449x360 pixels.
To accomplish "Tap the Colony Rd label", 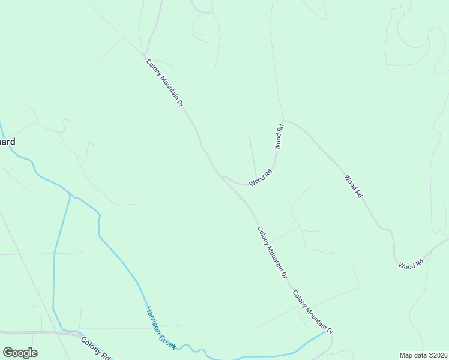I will pos(96,349).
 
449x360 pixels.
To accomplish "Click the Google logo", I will pos(20,353).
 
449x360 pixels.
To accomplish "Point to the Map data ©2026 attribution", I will pos(423,355).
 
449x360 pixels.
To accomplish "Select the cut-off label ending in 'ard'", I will pos(7,142).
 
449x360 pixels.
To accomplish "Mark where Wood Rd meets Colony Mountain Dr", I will pos(222,176).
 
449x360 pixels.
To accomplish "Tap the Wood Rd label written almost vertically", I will pos(279,137).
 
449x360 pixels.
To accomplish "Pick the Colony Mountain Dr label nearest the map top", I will pos(164,83).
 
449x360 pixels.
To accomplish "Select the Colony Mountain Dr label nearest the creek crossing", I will pos(312,312).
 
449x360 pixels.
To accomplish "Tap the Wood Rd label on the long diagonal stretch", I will pos(354,186).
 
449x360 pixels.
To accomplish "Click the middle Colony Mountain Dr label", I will pos(273,252).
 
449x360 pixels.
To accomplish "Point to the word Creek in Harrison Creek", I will pos(168,338).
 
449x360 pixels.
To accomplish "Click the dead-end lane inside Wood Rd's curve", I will pos(253,157).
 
